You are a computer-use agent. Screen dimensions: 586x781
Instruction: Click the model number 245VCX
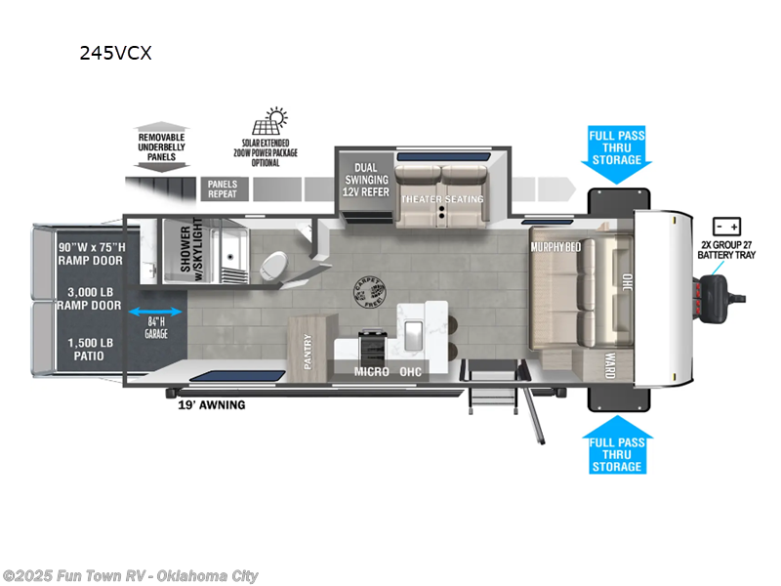point(115,54)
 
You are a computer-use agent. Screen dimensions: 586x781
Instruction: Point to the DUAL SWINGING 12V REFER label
point(365,181)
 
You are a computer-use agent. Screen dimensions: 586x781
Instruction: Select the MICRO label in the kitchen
point(371,371)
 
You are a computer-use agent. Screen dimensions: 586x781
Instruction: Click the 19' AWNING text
point(212,404)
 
